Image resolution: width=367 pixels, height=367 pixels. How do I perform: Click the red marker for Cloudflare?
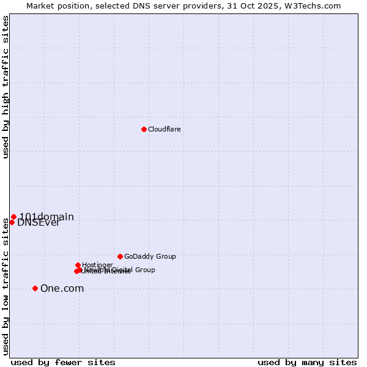144,129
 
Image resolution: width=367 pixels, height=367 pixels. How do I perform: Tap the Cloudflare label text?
164,129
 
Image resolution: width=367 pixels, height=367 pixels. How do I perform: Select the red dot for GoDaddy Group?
120,256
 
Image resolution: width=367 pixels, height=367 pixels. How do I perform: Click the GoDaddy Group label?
150,256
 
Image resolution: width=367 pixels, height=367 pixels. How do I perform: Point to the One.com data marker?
35,288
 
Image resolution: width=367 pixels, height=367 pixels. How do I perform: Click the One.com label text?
62,289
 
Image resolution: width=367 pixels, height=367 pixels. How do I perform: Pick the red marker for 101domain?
13,217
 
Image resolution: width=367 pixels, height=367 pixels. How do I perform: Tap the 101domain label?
46,217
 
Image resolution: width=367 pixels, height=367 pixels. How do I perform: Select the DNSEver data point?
12,222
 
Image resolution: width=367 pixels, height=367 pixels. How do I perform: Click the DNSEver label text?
39,223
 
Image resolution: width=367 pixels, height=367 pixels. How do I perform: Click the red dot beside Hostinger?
78,265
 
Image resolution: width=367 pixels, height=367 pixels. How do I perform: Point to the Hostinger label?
97,265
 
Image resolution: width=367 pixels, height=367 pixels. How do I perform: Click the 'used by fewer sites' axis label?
63,362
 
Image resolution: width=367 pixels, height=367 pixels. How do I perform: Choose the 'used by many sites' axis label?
307,362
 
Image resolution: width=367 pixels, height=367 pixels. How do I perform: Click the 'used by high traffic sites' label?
6,87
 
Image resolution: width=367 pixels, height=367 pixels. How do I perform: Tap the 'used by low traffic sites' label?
6,286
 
